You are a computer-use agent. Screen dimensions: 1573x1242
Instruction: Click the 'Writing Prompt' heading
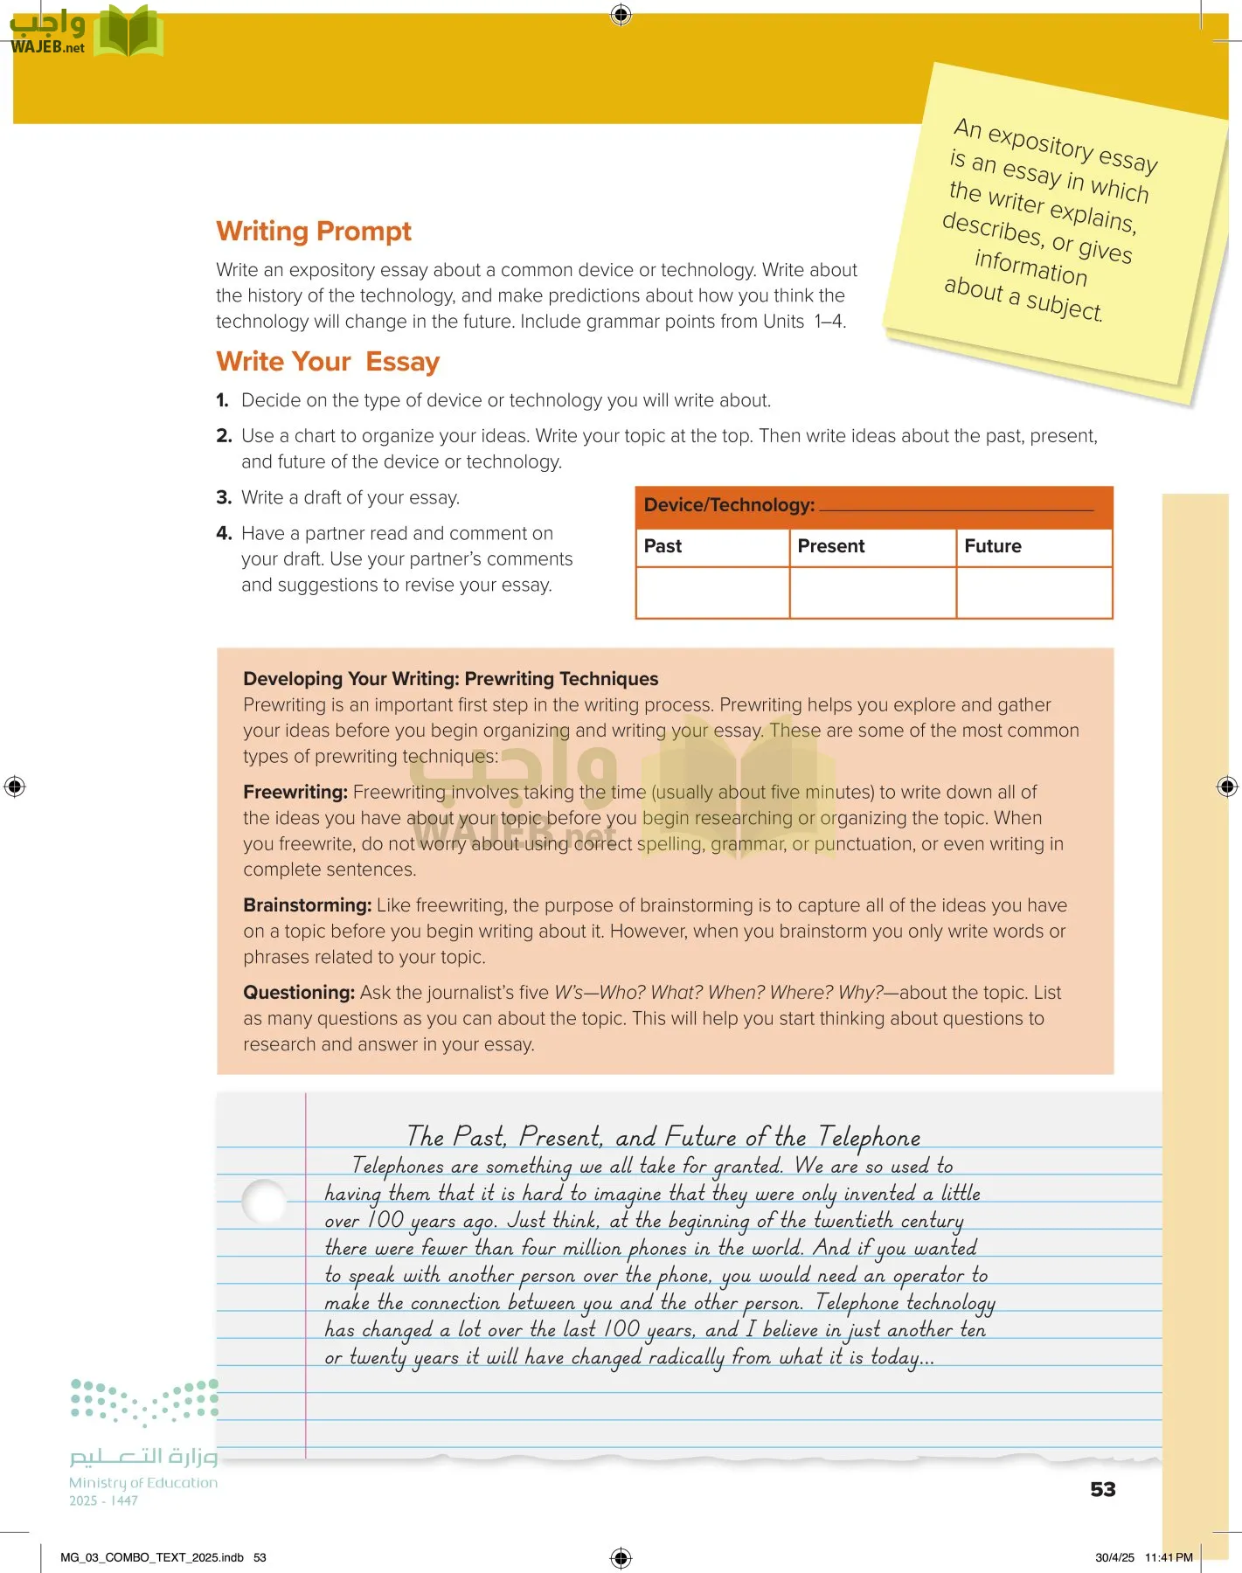[x=313, y=232]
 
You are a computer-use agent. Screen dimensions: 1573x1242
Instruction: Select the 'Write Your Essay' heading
[x=327, y=362]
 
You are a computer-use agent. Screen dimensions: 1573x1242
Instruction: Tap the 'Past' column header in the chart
[x=663, y=546]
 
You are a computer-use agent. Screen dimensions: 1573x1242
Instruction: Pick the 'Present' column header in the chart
[x=830, y=546]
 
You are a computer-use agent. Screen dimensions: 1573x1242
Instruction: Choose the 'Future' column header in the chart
[x=992, y=546]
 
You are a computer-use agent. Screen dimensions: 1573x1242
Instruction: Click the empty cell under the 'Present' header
[x=872, y=592]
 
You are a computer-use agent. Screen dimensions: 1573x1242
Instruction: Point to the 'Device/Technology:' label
[x=729, y=505]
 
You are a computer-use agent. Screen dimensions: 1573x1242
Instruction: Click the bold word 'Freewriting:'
[x=295, y=793]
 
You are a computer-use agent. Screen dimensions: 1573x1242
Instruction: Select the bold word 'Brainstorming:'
[x=307, y=905]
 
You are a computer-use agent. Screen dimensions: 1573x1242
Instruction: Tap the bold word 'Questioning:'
[x=298, y=993]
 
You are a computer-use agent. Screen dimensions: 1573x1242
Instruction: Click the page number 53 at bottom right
[x=1102, y=1489]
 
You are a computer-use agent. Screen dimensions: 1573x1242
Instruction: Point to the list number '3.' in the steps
[x=223, y=498]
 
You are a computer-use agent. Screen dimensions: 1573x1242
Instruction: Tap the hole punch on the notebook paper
[x=263, y=1202]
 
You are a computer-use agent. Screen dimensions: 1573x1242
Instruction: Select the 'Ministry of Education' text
[x=143, y=1483]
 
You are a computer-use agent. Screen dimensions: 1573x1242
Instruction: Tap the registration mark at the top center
[x=621, y=14]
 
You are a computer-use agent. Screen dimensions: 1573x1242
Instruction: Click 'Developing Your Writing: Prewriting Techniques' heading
[x=450, y=679]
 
